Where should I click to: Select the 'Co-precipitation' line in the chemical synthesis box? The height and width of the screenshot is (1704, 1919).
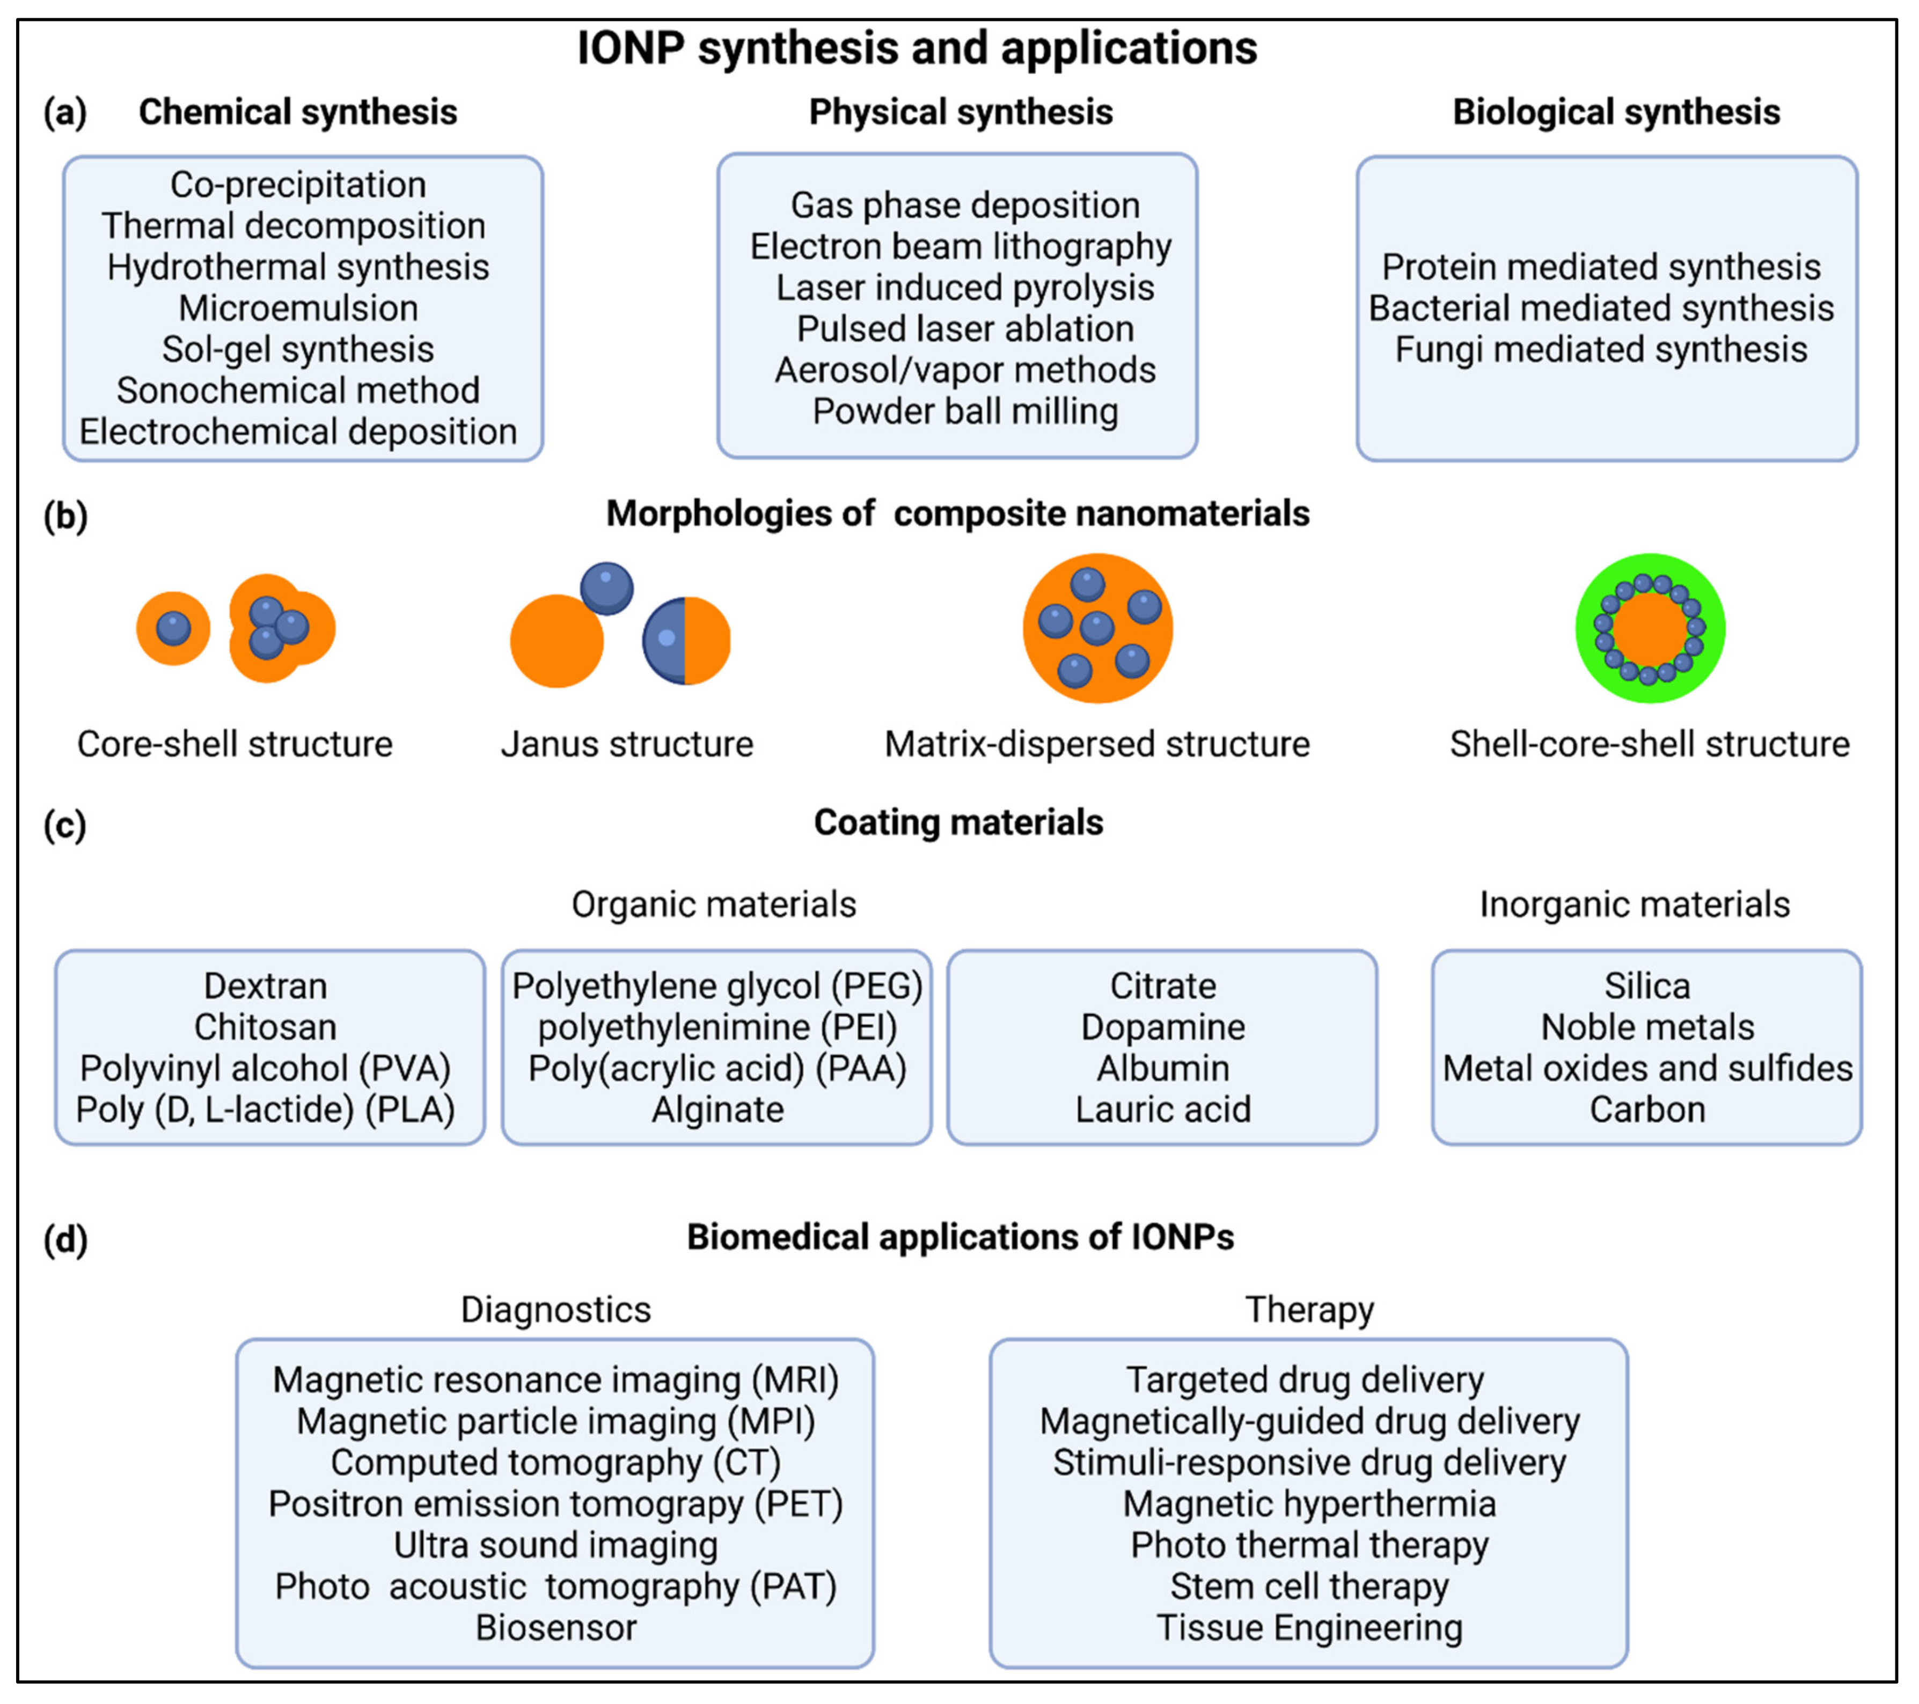pyautogui.click(x=298, y=185)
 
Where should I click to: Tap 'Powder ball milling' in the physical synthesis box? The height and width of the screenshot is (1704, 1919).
pyautogui.click(x=965, y=411)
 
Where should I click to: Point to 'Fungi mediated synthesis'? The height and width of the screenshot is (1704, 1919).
pyautogui.click(x=1601, y=349)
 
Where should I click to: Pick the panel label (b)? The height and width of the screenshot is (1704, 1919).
pyautogui.click(x=65, y=516)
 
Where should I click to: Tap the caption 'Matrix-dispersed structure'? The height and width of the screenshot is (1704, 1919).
pyautogui.click(x=1096, y=745)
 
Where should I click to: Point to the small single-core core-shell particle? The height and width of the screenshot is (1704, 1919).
pyautogui.click(x=173, y=628)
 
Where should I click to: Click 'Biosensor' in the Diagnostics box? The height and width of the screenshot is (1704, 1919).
pyautogui.click(x=556, y=1627)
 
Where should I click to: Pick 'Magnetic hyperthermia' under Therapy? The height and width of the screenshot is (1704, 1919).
pyautogui.click(x=1309, y=1504)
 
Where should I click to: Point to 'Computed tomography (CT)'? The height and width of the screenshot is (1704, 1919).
pyautogui.click(x=556, y=1463)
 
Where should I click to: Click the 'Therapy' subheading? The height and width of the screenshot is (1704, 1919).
pyautogui.click(x=1309, y=1310)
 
